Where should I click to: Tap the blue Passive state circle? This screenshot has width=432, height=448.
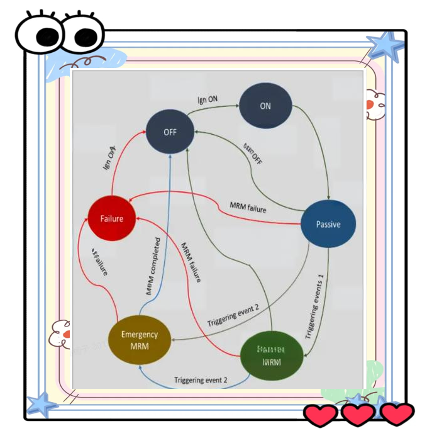(328, 224)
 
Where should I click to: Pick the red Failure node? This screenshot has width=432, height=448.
(111, 218)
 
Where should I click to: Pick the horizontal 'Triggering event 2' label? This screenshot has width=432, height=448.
(201, 380)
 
